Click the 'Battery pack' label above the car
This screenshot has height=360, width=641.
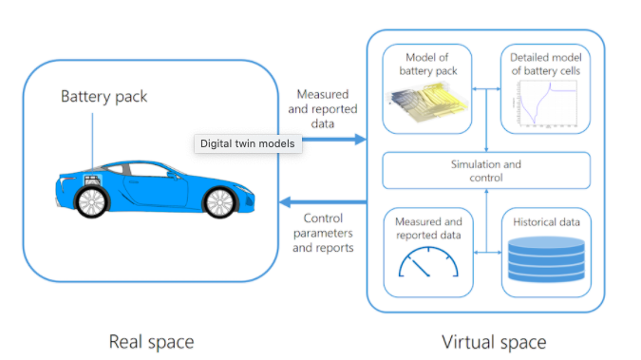click(104, 96)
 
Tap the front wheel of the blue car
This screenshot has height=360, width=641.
click(219, 199)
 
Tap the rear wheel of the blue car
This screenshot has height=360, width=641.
click(92, 199)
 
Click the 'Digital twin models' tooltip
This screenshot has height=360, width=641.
click(248, 143)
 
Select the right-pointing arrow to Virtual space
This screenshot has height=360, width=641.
click(332, 140)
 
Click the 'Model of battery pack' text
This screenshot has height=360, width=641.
click(428, 63)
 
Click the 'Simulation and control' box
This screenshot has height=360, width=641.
click(486, 171)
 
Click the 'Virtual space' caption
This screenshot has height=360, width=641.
click(494, 341)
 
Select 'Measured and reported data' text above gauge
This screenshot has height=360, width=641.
click(428, 228)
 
